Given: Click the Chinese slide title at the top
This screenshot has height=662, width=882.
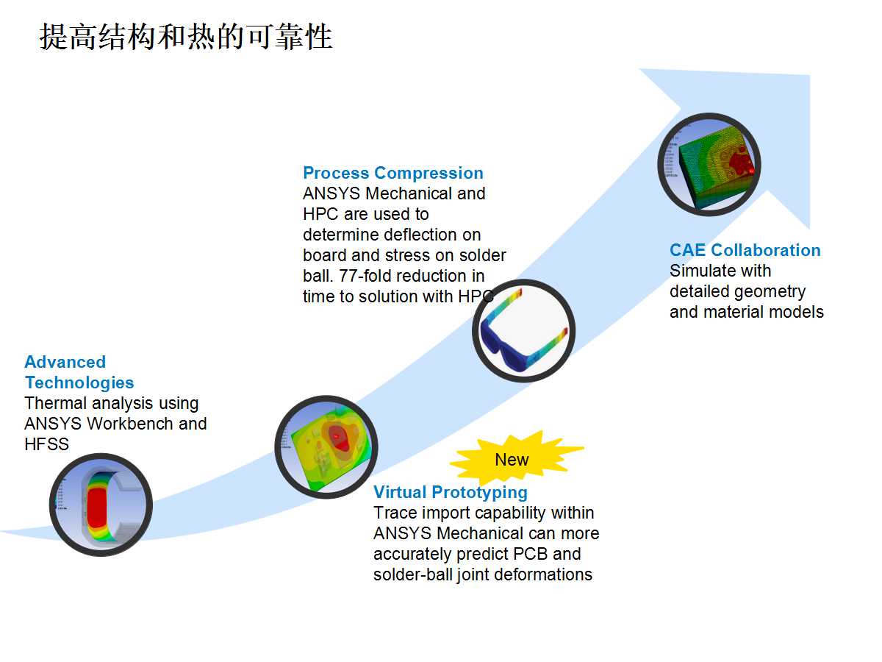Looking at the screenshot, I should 186,37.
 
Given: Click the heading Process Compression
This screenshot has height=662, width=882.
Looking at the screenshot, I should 393,174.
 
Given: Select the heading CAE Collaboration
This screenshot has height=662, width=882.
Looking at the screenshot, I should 745,250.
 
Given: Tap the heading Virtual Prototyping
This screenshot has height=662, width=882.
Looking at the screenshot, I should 451,492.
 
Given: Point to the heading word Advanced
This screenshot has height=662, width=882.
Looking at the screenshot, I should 65,362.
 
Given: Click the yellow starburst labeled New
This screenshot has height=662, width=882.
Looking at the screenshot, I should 512,460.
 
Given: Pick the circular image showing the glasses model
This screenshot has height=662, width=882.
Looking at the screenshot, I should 523,330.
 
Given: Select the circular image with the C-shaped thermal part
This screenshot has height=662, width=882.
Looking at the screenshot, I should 101,504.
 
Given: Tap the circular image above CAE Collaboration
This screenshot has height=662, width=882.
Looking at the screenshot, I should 709,164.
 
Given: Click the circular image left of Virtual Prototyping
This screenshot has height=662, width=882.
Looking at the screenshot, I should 326,446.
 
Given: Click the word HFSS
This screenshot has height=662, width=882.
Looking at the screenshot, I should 46,444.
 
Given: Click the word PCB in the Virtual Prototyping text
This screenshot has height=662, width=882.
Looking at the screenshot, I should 540,554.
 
